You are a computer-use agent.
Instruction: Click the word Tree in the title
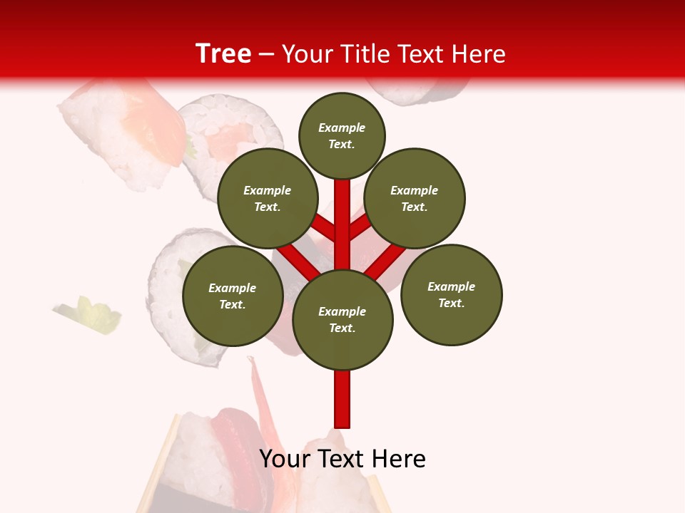[x=223, y=53]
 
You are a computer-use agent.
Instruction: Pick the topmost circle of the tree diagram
[x=342, y=135]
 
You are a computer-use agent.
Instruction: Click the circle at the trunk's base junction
[x=342, y=320]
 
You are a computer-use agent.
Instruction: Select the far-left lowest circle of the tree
[x=233, y=296]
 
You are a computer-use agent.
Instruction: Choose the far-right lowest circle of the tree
[x=451, y=295]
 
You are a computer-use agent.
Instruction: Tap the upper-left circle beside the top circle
[x=268, y=198]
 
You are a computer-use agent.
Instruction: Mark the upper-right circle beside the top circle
[x=415, y=198]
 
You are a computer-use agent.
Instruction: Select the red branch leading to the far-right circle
[x=386, y=261]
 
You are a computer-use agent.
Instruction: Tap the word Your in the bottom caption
[x=284, y=459]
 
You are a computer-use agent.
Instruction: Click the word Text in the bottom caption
[x=340, y=459]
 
